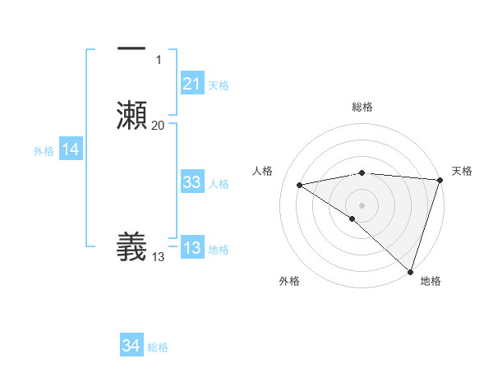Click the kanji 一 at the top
click(131, 49)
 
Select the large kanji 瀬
click(131, 113)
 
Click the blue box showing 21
click(192, 84)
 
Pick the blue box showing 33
click(192, 183)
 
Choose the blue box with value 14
click(71, 150)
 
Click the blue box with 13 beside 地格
click(192, 249)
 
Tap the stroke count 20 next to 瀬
click(159, 125)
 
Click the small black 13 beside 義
click(159, 257)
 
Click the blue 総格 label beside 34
click(158, 347)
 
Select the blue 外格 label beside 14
click(44, 151)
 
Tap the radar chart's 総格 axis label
click(362, 108)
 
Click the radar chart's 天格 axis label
click(462, 171)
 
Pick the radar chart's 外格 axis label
click(289, 281)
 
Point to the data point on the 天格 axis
click(440, 180)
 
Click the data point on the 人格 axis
click(300, 185)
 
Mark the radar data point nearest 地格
click(410, 271)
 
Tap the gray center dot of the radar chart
click(362, 204)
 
